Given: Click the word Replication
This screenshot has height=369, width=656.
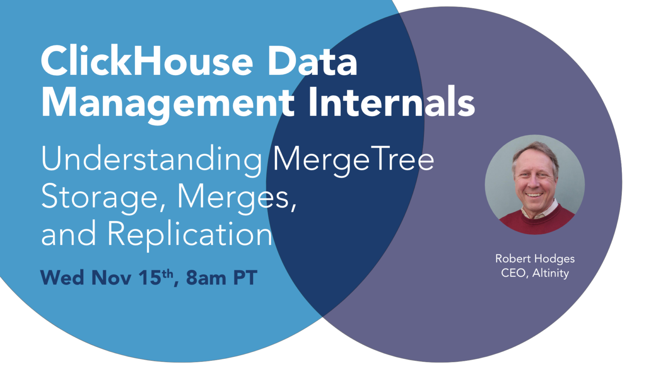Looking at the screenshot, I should pyautogui.click(x=190, y=234).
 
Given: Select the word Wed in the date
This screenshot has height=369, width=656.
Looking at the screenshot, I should pyautogui.click(x=62, y=278).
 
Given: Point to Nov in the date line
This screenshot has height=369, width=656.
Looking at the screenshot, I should pyautogui.click(x=111, y=278).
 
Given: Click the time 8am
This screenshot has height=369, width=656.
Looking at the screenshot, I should pyautogui.click(x=206, y=278).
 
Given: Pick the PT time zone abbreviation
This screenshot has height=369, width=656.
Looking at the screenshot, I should pyautogui.click(x=245, y=278).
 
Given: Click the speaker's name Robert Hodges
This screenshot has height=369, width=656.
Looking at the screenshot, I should pyautogui.click(x=535, y=259).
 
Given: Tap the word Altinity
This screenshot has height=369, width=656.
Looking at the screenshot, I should pyautogui.click(x=551, y=273).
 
